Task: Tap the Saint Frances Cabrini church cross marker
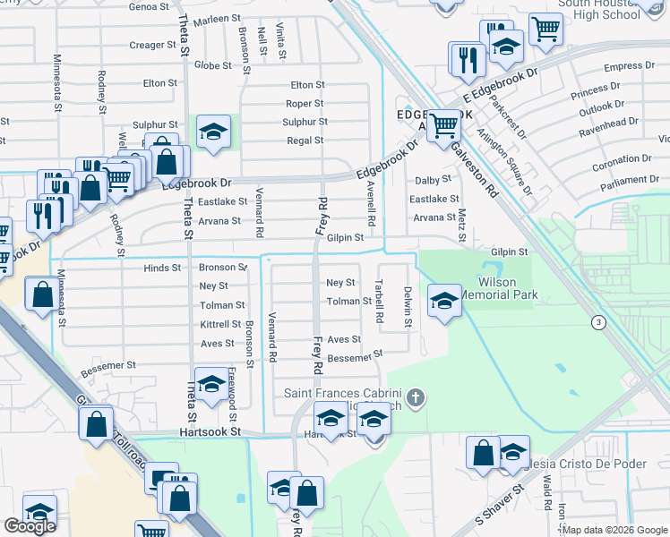click(414, 397)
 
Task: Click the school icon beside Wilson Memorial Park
click(444, 300)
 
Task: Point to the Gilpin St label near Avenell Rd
click(345, 238)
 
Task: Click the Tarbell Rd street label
click(379, 306)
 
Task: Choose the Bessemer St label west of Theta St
click(107, 365)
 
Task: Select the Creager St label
click(147, 45)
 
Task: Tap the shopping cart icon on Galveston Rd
click(443, 125)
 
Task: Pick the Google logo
click(30, 526)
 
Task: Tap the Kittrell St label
click(219, 325)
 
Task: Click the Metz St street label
click(462, 223)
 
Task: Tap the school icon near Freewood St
click(210, 385)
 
